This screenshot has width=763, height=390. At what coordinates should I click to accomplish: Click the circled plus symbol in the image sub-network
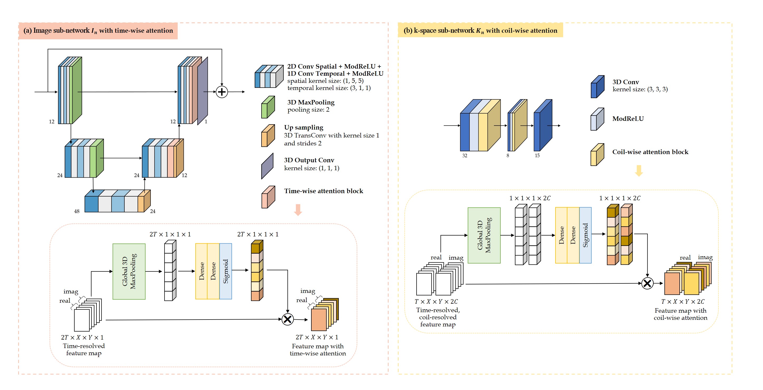coord(221,92)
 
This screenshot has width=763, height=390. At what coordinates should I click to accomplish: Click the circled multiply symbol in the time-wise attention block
coord(287,319)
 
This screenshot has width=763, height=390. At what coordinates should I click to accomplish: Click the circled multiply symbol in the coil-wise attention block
coord(647,283)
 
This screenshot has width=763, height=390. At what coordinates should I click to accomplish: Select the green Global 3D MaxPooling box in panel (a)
coord(129,272)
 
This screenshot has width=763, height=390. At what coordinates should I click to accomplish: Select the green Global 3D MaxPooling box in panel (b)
coord(484,235)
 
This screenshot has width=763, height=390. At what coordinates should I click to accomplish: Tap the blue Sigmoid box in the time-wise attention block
coord(226,271)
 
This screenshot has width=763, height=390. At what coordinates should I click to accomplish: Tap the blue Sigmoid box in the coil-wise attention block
coord(585,235)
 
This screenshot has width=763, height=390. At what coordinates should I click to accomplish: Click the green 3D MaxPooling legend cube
coord(268,107)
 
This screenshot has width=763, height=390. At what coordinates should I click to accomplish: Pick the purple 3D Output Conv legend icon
coord(267,166)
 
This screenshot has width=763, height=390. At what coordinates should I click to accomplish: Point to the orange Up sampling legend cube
coord(268,136)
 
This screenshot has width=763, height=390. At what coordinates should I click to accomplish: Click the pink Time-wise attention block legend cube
coord(268,197)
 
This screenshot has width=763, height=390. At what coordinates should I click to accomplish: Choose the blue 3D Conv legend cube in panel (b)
coord(597,87)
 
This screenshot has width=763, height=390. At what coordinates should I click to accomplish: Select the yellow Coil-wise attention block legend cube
coord(597,155)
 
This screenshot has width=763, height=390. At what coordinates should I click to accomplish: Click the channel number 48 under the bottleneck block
coord(77,211)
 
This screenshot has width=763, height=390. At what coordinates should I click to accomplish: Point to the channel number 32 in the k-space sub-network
coord(465,156)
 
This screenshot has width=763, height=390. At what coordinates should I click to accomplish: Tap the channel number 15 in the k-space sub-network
coord(537,156)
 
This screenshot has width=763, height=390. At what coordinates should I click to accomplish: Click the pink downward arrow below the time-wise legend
coord(298,210)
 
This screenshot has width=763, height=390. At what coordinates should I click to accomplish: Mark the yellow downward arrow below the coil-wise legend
coord(639,171)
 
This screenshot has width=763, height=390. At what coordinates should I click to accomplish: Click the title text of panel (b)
coord(480,31)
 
